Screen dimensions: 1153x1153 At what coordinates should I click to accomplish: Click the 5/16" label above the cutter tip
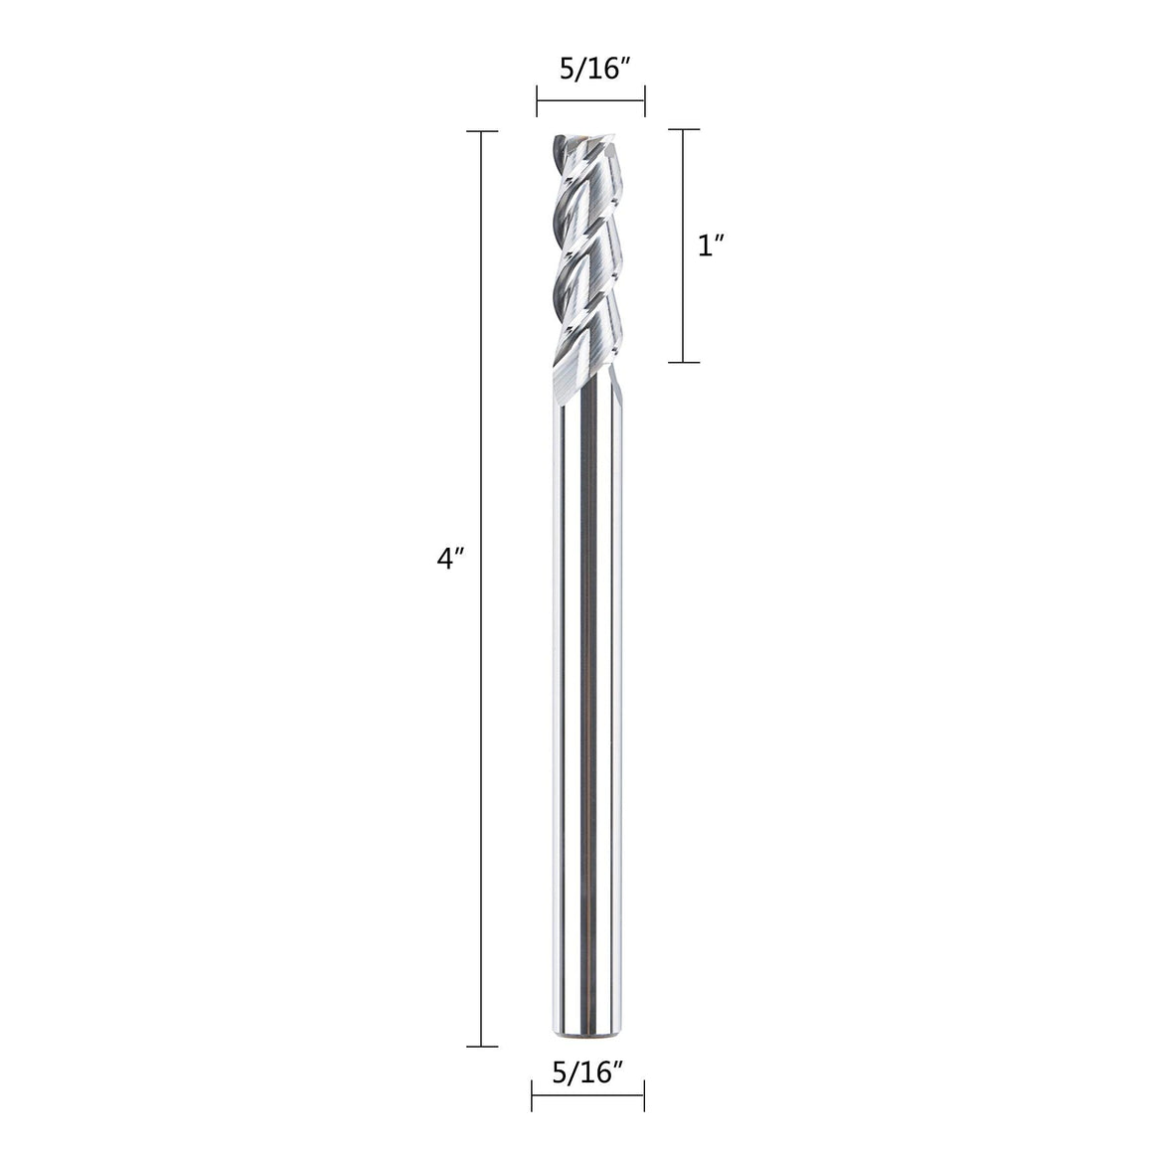point(592,69)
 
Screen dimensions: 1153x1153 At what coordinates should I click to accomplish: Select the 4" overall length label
point(451,559)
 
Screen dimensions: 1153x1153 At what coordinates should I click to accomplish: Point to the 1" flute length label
point(710,247)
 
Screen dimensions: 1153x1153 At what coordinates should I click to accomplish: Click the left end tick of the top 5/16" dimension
point(538,100)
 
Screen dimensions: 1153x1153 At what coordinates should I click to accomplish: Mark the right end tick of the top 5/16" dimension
point(645,100)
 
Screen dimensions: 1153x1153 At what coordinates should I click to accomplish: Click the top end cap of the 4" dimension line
point(482,131)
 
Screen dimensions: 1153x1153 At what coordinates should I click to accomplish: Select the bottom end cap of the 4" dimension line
point(482,1046)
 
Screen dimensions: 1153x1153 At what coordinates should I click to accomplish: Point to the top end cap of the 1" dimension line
point(683,129)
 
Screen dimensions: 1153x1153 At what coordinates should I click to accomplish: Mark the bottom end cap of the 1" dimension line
point(683,362)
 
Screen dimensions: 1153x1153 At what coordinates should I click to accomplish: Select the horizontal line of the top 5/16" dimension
point(591,100)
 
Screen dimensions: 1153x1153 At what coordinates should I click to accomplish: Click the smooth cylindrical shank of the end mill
point(587,696)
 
